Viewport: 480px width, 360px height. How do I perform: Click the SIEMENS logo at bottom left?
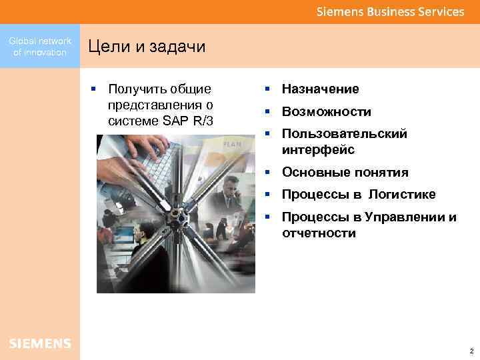[40, 343]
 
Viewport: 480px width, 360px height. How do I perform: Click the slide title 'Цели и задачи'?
[147, 47]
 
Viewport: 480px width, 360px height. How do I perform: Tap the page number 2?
[471, 351]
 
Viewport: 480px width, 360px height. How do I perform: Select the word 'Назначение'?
[320, 89]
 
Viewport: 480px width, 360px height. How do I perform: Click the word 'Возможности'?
[326, 112]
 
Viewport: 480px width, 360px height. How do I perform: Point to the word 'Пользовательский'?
[344, 134]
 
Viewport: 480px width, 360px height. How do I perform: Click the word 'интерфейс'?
[317, 150]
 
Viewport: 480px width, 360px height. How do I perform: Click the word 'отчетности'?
[319, 233]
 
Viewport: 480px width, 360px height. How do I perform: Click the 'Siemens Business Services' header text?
[390, 12]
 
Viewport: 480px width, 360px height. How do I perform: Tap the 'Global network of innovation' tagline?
[40, 47]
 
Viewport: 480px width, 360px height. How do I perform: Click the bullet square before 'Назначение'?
[265, 89]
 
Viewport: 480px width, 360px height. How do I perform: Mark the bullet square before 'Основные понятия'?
[265, 172]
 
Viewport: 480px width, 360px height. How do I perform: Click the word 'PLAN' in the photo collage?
[231, 144]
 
